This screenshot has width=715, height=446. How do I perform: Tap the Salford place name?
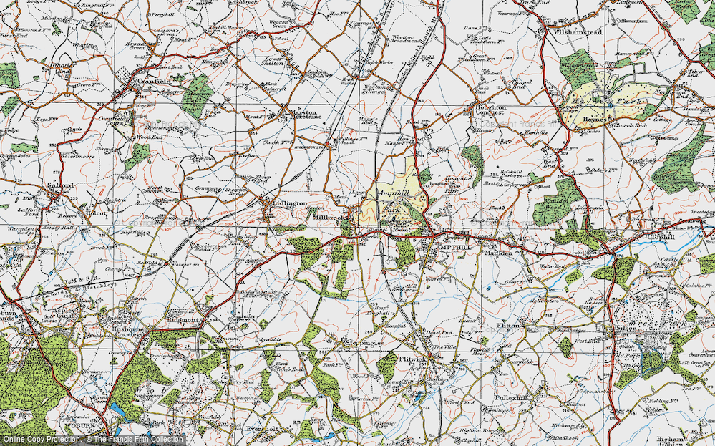(62, 185)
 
